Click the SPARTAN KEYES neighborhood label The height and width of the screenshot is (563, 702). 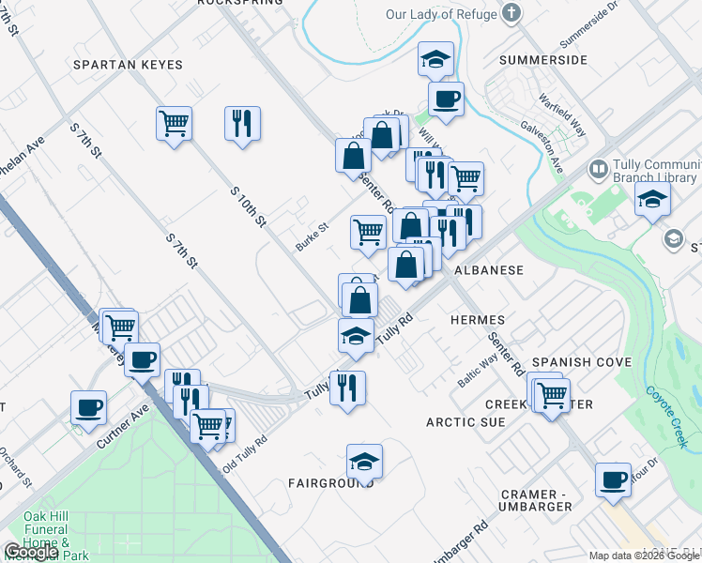(128, 65)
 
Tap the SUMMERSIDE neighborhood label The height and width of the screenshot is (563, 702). (543, 60)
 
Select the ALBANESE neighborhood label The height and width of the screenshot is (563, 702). (488, 269)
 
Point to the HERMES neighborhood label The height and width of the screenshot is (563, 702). (478, 320)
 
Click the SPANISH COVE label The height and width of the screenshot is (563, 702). (581, 362)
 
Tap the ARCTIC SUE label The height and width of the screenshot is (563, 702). (465, 422)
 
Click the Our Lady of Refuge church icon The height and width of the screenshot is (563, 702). (511, 13)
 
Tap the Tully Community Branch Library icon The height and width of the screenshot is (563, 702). (597, 170)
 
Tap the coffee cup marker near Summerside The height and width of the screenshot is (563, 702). (446, 98)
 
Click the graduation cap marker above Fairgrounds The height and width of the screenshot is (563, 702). (364, 460)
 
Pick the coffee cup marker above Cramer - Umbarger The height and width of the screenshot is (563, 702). (613, 479)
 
